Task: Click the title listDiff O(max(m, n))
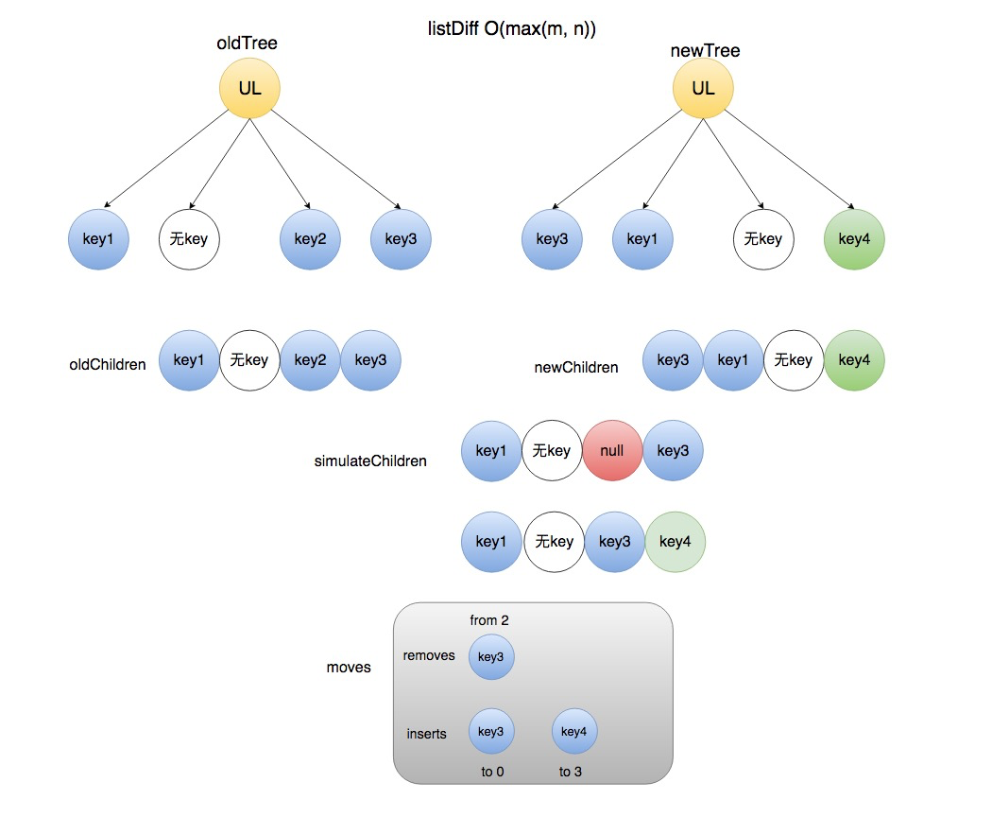tap(512, 29)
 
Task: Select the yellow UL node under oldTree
tap(249, 89)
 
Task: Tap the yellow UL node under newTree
tap(703, 89)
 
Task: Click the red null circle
tap(612, 451)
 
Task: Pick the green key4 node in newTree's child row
tap(854, 239)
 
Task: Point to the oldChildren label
tap(108, 365)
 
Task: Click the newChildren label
tap(576, 367)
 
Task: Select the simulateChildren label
tap(370, 461)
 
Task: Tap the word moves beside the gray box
tap(349, 668)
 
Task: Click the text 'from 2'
tap(489, 620)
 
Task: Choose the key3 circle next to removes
tap(491, 657)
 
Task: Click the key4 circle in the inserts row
tap(574, 732)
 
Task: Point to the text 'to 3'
tap(571, 772)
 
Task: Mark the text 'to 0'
tap(492, 772)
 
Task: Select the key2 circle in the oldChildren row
tap(310, 360)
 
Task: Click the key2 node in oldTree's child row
tap(310, 239)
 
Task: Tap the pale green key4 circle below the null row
tap(675, 542)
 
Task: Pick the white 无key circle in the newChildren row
tap(794, 360)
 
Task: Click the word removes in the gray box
tap(429, 655)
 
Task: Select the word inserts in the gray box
tap(426, 734)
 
